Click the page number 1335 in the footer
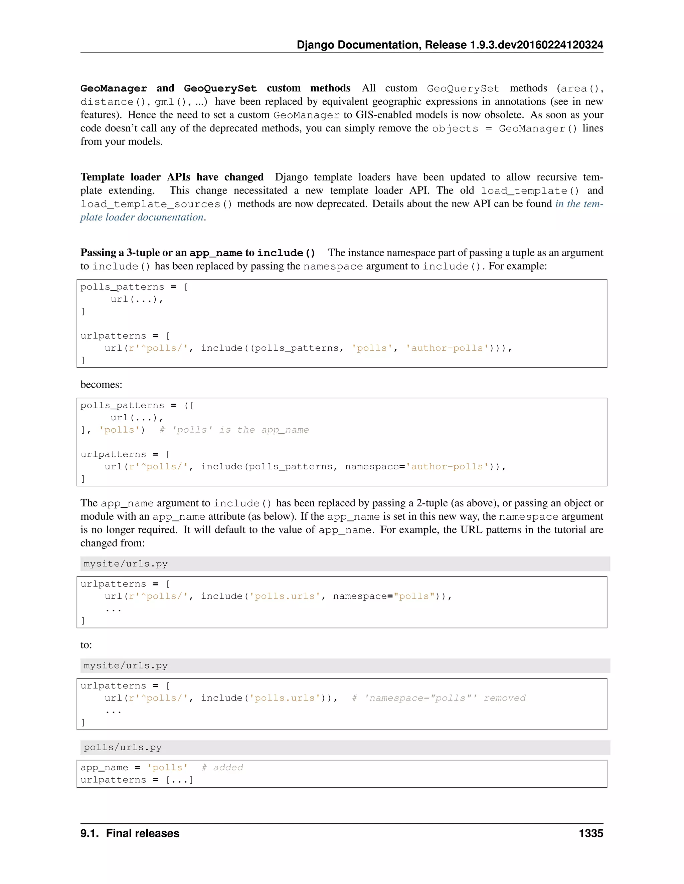[x=591, y=833]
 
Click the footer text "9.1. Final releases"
[x=130, y=833]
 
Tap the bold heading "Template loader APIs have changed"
[x=172, y=177]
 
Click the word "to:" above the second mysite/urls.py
[x=86, y=645]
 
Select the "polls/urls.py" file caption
[x=122, y=748]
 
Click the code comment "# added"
[x=222, y=768]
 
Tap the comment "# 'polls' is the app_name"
[x=234, y=430]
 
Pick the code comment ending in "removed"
[x=439, y=698]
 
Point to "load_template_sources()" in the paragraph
[x=156, y=204]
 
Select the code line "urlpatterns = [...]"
[x=137, y=780]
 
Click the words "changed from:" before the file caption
[x=113, y=543]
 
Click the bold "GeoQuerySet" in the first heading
[x=220, y=88]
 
